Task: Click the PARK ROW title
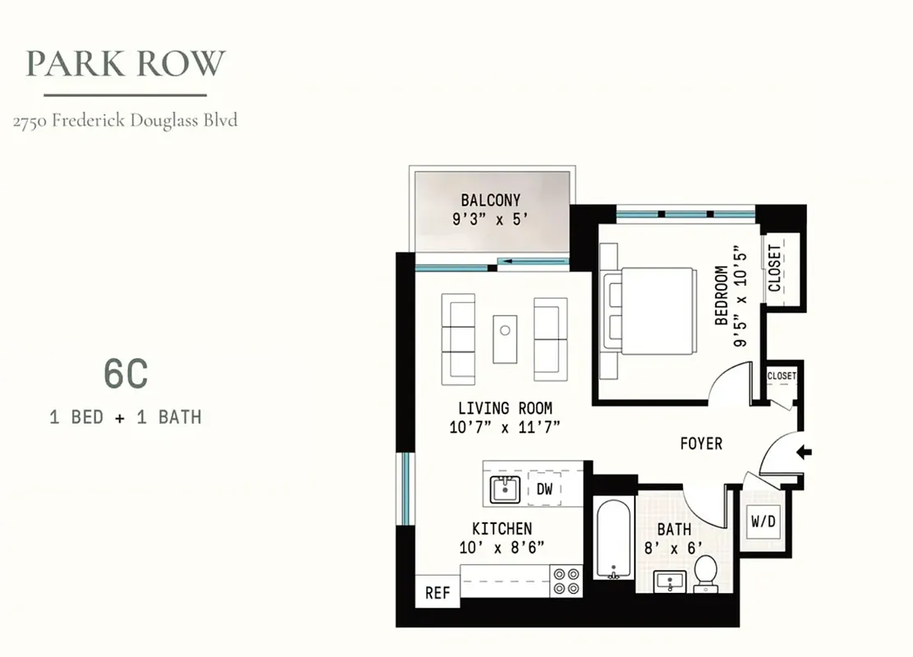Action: pos(126,63)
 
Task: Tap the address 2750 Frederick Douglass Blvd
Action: pos(126,121)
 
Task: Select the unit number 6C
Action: pos(126,374)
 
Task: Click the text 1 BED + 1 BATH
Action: pos(126,417)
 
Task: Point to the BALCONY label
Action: pos(491,200)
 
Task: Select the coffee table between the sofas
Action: pos(505,337)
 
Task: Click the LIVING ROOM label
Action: pos(505,408)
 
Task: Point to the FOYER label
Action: pos(701,444)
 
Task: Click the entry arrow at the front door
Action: pos(804,452)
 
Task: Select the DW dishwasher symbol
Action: pos(544,489)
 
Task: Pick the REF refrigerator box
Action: pos(437,593)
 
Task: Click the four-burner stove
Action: pos(566,581)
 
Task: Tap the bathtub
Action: pos(613,539)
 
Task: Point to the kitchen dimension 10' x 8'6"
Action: pos(502,548)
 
